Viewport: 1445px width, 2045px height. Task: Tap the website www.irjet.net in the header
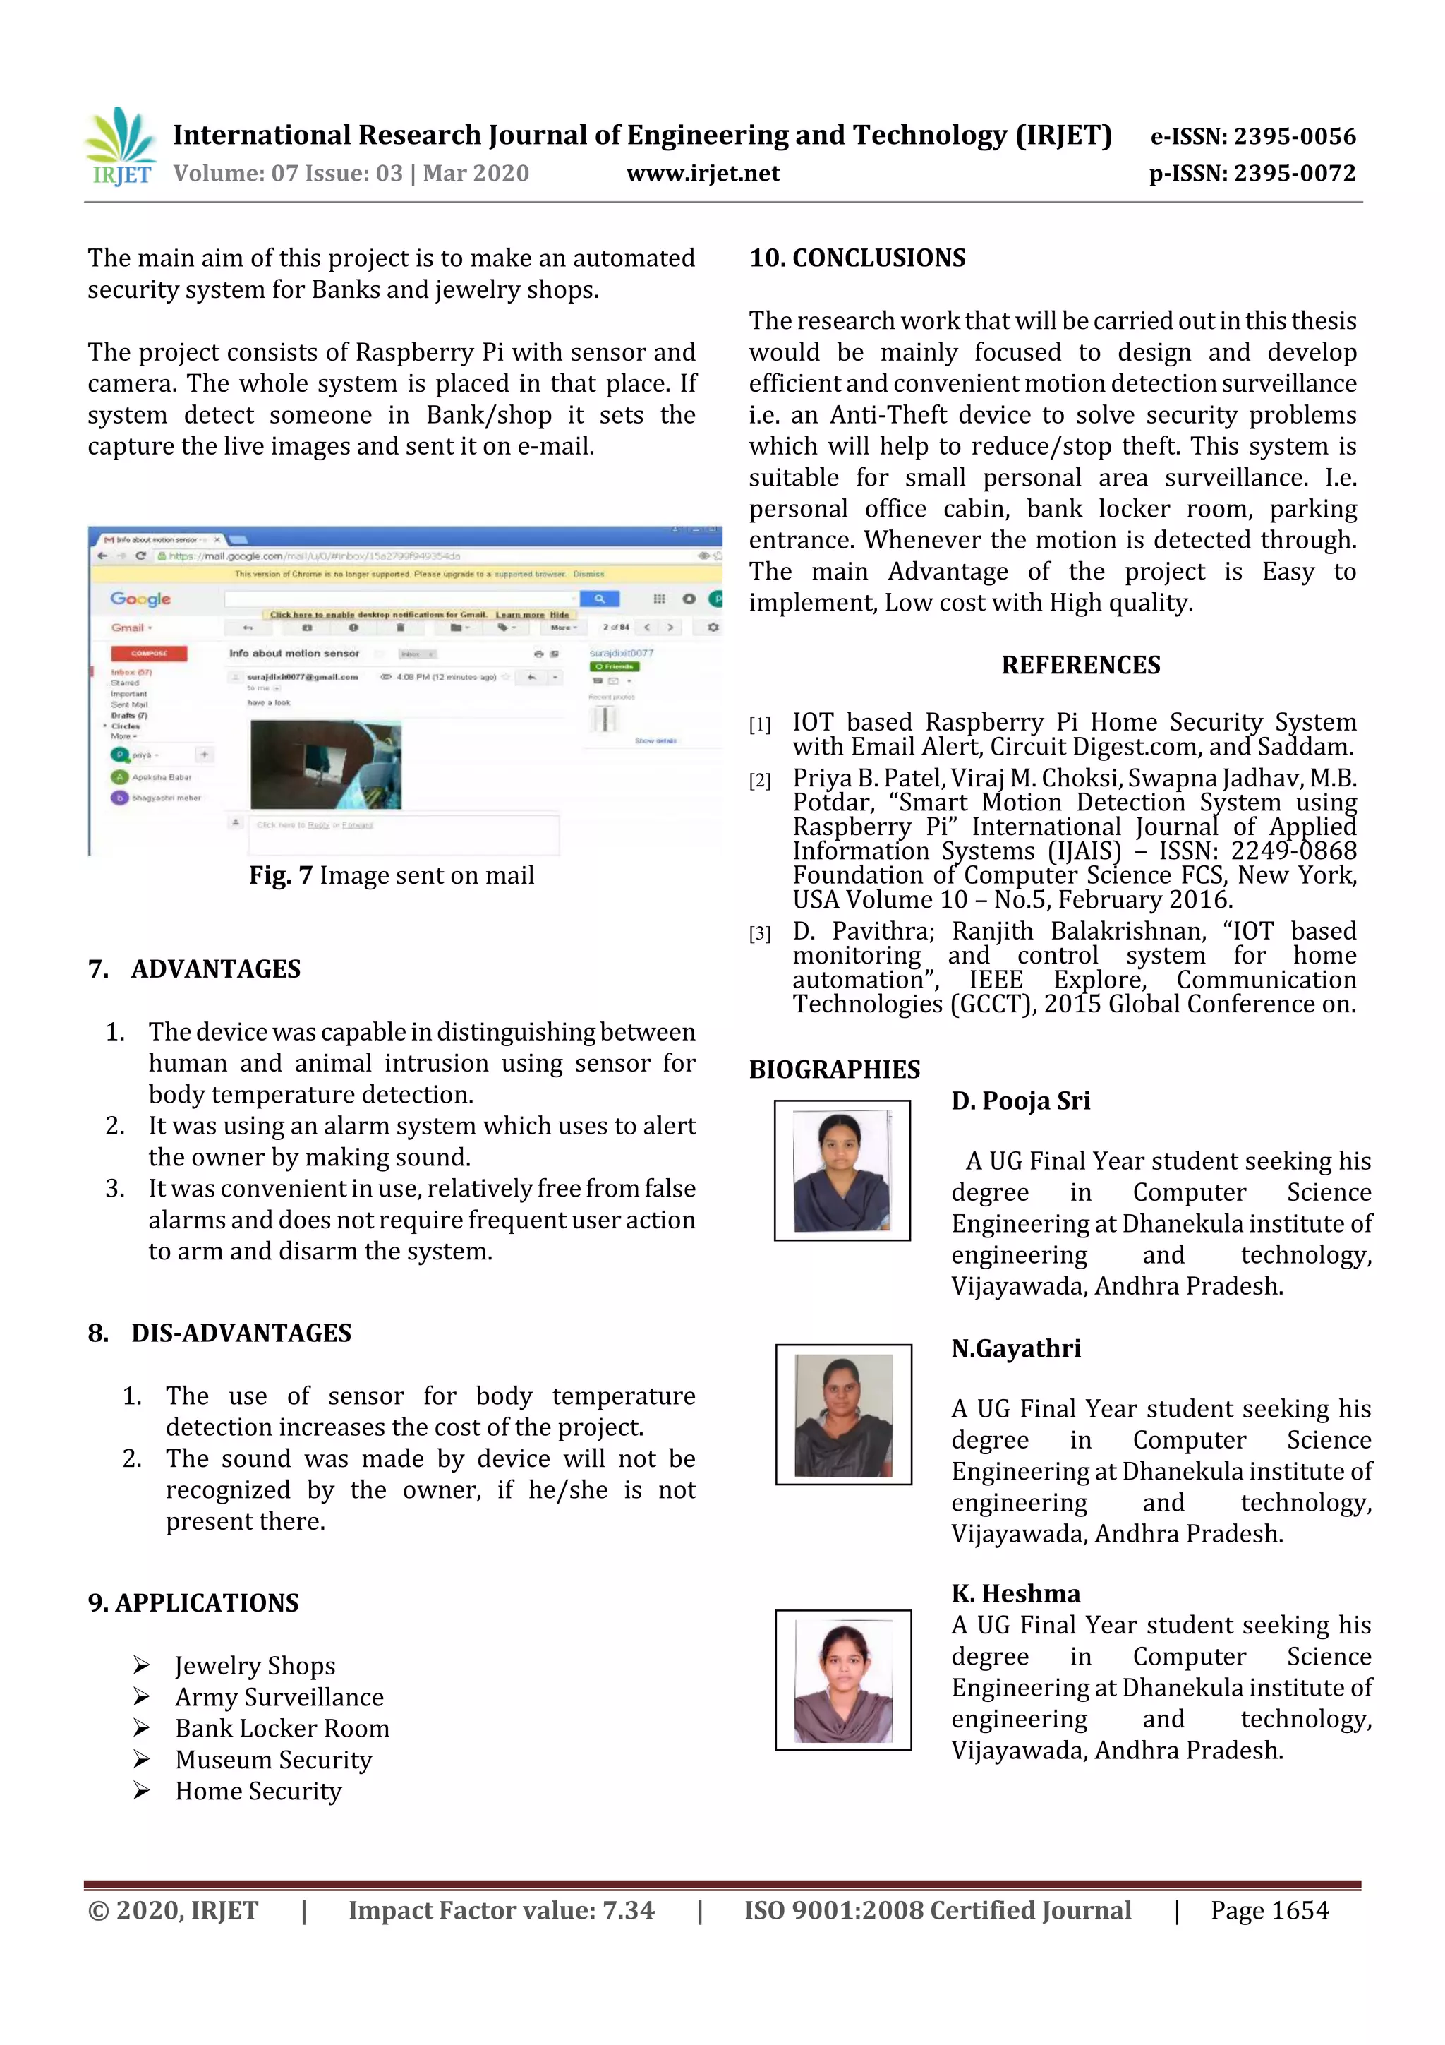[703, 174]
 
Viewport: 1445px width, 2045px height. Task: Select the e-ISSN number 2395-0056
[1293, 136]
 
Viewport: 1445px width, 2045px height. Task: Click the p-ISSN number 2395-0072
[1293, 174]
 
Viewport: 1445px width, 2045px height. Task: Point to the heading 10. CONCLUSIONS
[857, 258]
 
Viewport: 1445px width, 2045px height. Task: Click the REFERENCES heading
[1080, 666]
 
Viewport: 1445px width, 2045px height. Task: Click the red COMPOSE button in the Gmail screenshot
[149, 653]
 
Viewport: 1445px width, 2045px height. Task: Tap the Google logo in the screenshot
[140, 599]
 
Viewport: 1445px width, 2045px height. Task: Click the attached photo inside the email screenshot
[325, 764]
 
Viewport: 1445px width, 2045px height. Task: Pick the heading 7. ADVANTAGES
[194, 969]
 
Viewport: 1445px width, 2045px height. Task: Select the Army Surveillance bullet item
[279, 1697]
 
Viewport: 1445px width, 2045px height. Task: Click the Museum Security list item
[272, 1760]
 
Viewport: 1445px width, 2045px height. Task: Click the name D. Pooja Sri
[1020, 1101]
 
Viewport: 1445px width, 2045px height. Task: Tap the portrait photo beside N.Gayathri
[843, 1415]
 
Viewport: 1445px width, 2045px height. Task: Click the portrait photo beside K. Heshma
[843, 1680]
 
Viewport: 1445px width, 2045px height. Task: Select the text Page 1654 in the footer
[1269, 1910]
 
